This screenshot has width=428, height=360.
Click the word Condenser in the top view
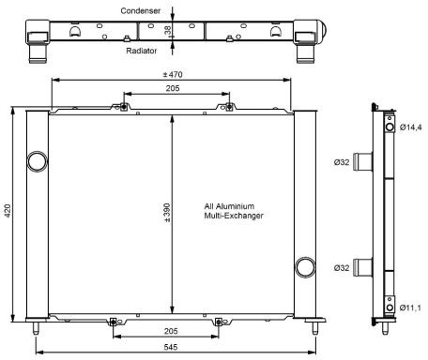click(141, 11)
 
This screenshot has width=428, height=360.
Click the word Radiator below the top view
click(142, 51)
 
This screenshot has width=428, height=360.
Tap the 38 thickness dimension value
click(168, 30)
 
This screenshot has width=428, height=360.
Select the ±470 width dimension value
click(173, 75)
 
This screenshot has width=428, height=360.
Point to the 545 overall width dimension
click(171, 347)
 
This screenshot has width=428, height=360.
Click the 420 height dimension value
click(8, 211)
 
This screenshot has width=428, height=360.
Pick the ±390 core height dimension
click(167, 213)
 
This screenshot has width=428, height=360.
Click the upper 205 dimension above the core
click(173, 88)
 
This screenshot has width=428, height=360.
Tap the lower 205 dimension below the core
click(171, 331)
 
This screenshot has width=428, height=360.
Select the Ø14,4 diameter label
click(410, 127)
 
